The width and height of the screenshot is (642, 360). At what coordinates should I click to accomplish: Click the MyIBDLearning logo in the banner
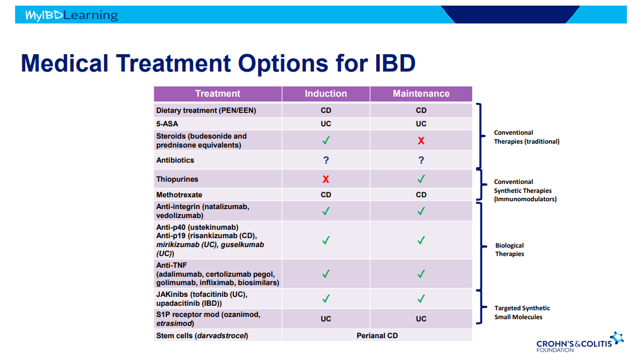click(72, 15)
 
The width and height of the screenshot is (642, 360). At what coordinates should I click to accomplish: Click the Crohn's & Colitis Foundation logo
click(580, 342)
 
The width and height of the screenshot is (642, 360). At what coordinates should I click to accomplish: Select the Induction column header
click(326, 94)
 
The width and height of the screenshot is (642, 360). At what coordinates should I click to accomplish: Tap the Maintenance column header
click(421, 94)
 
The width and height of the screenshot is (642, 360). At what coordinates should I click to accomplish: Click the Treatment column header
click(218, 94)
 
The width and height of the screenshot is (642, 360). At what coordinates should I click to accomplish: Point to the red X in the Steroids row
click(421, 141)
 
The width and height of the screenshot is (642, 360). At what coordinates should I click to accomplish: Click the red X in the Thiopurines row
click(326, 179)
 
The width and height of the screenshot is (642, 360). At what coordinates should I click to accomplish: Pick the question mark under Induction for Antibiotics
click(326, 160)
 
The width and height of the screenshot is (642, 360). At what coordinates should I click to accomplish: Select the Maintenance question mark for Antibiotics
click(421, 160)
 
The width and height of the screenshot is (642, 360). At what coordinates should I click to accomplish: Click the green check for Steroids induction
click(326, 140)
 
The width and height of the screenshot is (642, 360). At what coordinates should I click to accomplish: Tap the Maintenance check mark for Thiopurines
click(421, 179)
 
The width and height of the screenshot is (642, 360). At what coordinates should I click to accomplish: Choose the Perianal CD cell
click(377, 336)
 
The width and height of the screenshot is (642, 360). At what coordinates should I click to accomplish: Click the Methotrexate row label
click(179, 195)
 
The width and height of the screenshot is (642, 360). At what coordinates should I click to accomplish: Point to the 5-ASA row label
click(167, 124)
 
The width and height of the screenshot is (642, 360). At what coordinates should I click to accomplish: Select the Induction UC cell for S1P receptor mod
click(326, 319)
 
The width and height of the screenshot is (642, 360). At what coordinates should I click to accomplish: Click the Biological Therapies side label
click(510, 250)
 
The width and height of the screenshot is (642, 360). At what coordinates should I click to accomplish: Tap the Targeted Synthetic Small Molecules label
click(522, 312)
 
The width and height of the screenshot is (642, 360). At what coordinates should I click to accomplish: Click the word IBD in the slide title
click(395, 63)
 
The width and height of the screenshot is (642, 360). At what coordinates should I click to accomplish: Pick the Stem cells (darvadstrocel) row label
click(202, 336)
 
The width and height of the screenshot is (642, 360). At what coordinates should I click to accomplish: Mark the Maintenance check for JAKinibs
click(421, 299)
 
